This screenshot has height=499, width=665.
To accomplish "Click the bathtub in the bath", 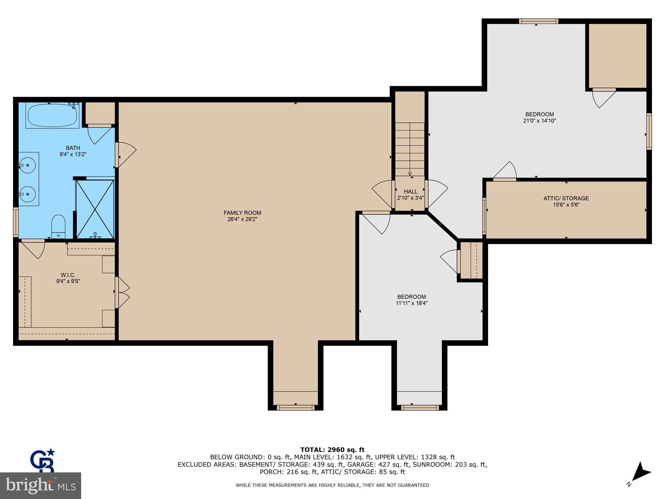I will pos(52,115).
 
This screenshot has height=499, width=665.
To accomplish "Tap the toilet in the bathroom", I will pos(59,226).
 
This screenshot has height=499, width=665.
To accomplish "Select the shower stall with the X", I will pos(95,209).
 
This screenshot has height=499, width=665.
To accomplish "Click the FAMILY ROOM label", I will pos(242,213).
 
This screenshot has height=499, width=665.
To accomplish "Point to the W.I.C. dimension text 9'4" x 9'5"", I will pos(68,281).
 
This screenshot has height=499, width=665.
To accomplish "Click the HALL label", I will pos(411,192).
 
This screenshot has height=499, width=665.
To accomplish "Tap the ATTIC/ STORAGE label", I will pos(566,198).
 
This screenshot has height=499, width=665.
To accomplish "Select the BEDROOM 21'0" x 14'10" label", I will pos(539,117).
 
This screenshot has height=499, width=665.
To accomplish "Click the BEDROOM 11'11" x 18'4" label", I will pos(411,300).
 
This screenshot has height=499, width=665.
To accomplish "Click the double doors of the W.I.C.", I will pos(122,292).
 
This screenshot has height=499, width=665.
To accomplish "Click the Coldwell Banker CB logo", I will pos(43,460).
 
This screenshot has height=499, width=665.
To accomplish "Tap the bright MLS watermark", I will pos(40,486).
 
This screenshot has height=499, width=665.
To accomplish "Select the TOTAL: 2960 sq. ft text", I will pos(332,450).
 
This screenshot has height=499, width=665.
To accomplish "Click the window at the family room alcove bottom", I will pos(295,408).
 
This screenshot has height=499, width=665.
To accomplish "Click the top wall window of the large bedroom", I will pos(538,21).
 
